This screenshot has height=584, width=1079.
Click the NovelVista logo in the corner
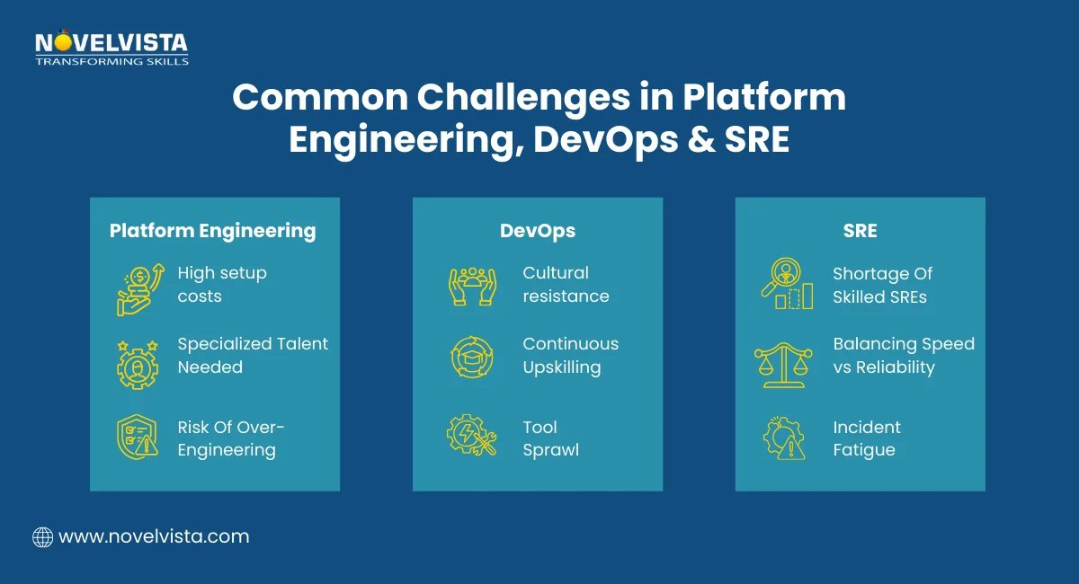click(111, 49)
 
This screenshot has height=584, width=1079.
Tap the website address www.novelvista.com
click(153, 537)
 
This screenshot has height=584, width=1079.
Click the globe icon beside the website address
click(42, 537)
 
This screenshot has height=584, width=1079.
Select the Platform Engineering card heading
click(213, 231)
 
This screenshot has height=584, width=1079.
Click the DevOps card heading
click(538, 231)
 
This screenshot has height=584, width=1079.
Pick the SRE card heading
click(860, 231)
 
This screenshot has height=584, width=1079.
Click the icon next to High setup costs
click(138, 285)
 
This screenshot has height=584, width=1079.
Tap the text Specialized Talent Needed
click(253, 356)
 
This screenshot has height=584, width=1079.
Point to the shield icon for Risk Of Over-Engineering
click(138, 438)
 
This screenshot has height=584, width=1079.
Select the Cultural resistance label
click(566, 285)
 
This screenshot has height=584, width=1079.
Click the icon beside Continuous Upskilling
click(471, 356)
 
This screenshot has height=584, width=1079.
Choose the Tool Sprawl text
click(550, 438)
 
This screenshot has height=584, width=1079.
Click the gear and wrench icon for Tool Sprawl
click(471, 438)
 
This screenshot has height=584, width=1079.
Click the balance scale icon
click(783, 362)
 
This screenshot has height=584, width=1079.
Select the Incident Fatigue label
click(866, 438)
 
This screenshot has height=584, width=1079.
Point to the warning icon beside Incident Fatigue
click(783, 438)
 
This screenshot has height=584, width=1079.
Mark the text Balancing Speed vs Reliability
click(903, 356)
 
